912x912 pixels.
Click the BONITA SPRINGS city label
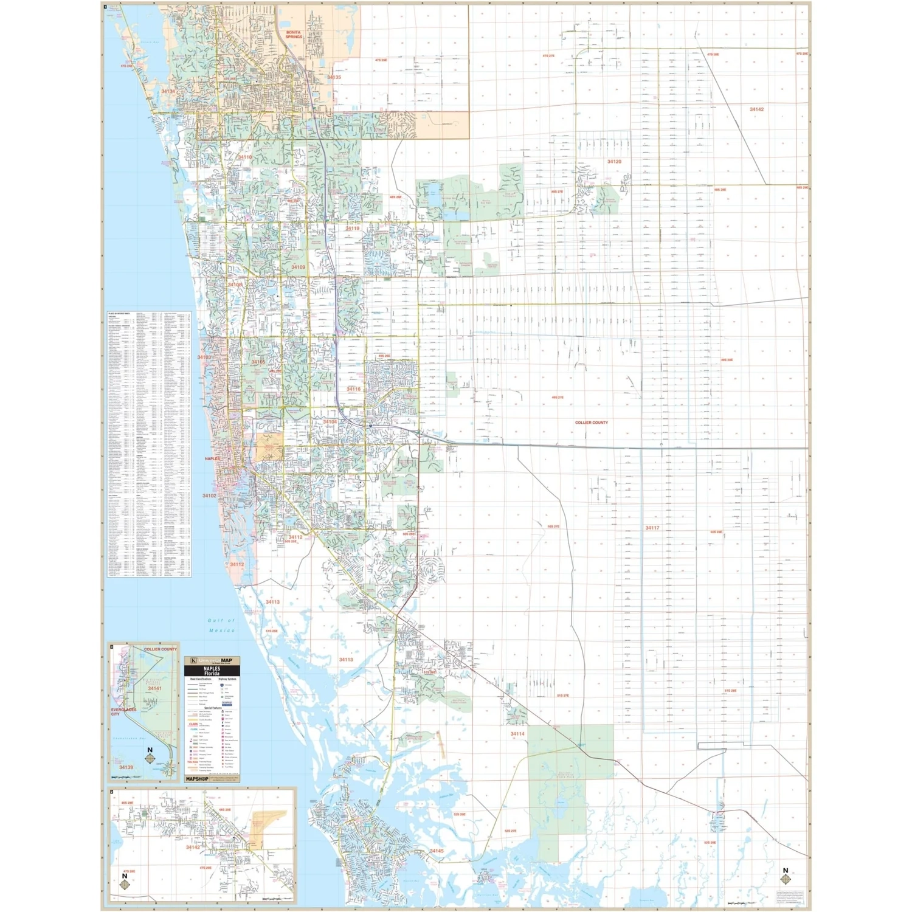point(294,35)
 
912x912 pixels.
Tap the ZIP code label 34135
point(334,77)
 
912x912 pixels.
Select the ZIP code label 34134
point(168,92)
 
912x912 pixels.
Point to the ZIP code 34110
point(244,157)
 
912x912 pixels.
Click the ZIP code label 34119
point(353,229)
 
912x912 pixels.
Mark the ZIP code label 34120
point(614,162)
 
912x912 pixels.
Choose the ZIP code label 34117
point(652,528)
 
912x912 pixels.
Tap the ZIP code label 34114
point(517,734)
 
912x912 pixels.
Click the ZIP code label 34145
point(437,851)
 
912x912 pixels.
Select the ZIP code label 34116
point(353,389)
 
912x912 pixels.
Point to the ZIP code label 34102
point(209,496)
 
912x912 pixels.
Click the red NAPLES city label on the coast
point(212,458)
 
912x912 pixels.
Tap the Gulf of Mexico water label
point(221,625)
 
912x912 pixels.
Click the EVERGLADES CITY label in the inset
point(123,711)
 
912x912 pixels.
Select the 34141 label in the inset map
point(155,688)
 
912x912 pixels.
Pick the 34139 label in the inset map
point(126,767)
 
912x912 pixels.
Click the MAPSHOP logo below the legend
point(197,778)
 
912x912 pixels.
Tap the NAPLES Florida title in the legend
point(212,671)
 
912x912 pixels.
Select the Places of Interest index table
point(149,444)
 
